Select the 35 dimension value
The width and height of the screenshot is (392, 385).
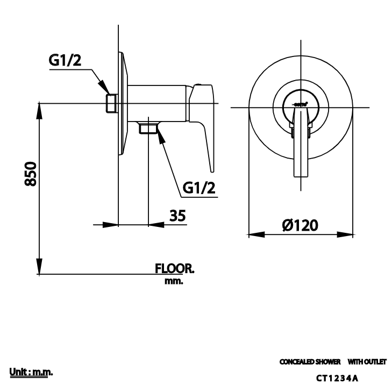coord(177,215)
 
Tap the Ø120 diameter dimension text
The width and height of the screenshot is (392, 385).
coord(300,225)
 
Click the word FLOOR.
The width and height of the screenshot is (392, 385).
coord(174,268)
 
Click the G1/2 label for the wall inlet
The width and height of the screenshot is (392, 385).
coord(65,61)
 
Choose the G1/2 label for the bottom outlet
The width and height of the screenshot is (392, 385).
coord(199,188)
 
